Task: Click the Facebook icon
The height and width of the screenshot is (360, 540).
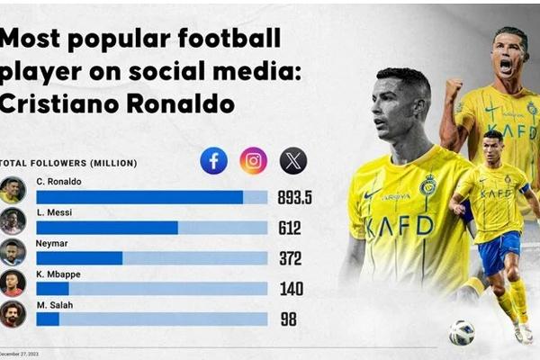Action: click(x=214, y=161)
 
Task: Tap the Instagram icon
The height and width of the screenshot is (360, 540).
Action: click(x=254, y=161)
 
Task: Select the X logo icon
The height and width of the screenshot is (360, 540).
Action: click(x=293, y=161)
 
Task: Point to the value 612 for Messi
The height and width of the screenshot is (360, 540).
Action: click(x=290, y=228)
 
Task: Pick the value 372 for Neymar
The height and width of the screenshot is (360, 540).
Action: click(x=290, y=258)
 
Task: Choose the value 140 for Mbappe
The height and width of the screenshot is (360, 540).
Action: click(x=290, y=289)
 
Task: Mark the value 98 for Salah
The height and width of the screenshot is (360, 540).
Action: click(x=287, y=319)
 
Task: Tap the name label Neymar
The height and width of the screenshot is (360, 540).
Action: click(x=50, y=243)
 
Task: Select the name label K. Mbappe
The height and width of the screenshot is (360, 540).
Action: click(x=56, y=274)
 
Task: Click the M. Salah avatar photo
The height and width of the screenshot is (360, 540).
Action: click(x=13, y=313)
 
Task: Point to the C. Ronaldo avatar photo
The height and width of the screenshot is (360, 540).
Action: click(x=13, y=191)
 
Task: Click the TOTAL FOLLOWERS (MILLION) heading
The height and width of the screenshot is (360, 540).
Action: click(x=68, y=163)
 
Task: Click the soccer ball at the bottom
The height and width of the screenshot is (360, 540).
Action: click(x=462, y=332)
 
